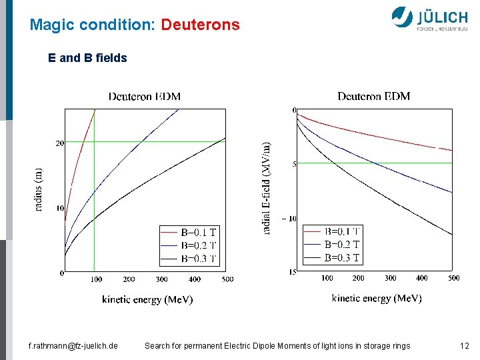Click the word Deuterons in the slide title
200,25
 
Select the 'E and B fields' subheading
87,58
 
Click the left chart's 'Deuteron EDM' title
145,97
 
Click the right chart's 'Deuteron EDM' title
373,97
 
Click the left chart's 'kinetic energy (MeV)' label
147,300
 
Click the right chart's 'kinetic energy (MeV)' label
377,299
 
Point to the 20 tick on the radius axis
59,143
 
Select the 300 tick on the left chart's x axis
161,279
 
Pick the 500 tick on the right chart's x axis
453,278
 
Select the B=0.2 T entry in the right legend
342,245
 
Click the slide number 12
465,345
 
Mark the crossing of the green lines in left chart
93,141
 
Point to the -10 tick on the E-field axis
289,219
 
